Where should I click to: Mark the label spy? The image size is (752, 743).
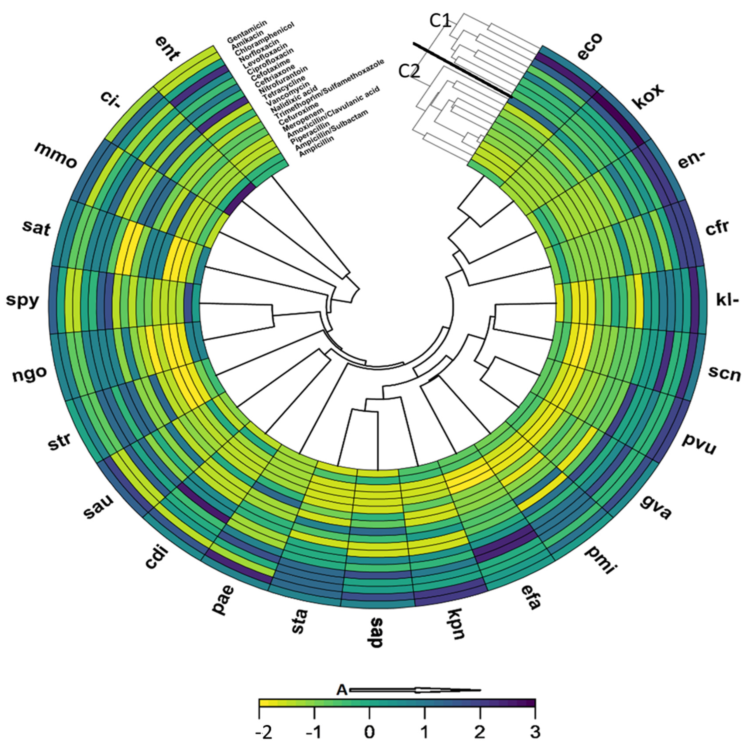click(x=22, y=301)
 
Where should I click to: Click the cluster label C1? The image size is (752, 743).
click(x=440, y=21)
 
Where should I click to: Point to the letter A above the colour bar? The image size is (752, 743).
click(x=341, y=690)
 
